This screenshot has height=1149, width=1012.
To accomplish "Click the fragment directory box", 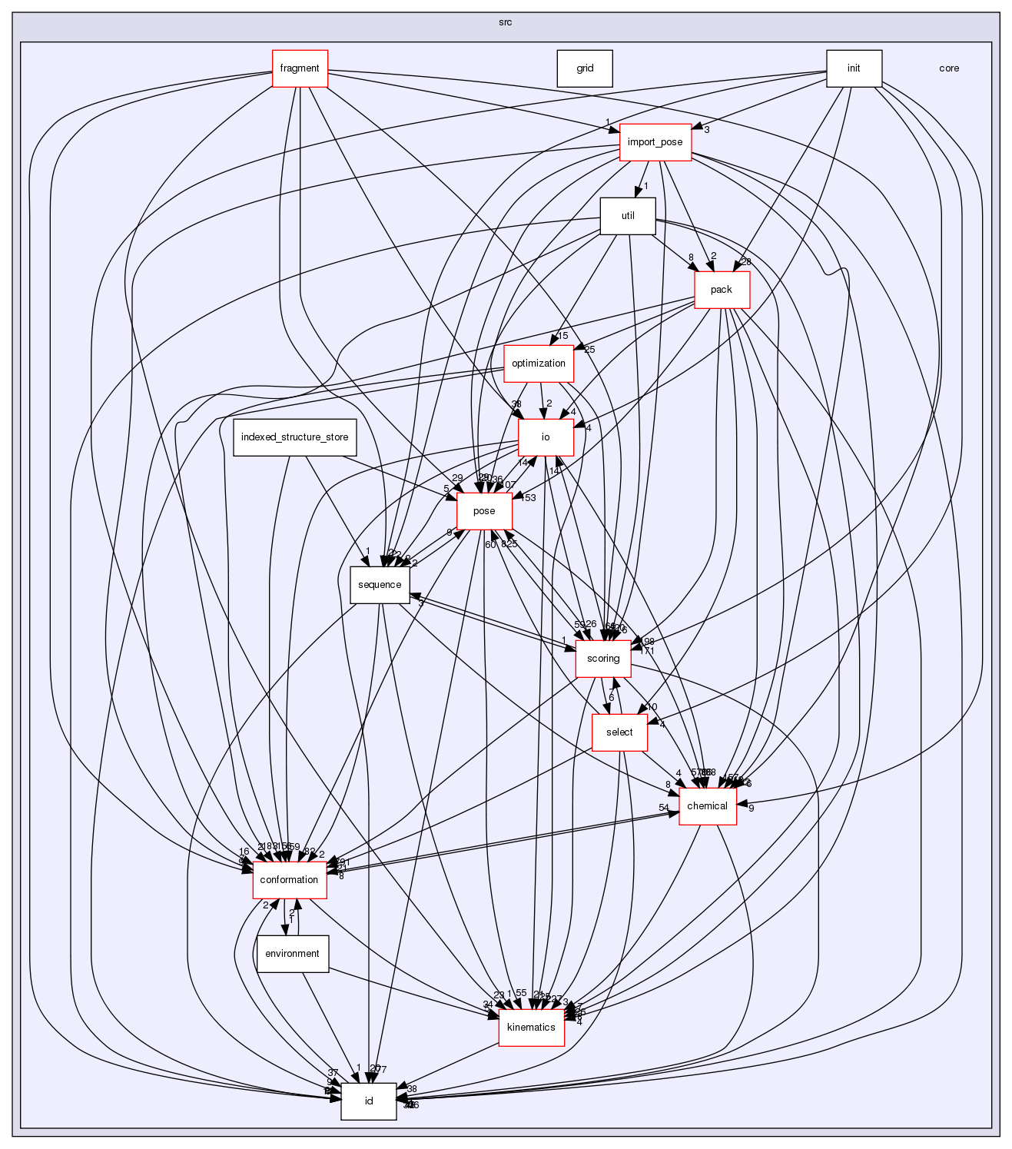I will [300, 68].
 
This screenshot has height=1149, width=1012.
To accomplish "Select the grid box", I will [585, 68].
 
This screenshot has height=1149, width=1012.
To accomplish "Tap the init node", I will [853, 68].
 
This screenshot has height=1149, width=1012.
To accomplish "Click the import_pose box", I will [655, 142].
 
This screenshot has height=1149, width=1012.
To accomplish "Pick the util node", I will [627, 216].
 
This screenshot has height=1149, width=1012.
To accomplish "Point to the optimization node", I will [538, 364].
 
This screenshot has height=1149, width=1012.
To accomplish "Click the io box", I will [546, 437].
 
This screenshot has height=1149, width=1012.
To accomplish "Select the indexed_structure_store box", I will [294, 437].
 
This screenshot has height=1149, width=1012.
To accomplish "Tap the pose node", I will [484, 511].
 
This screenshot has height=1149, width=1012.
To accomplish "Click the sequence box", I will [380, 585].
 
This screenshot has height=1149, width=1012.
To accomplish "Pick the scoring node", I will [603, 659].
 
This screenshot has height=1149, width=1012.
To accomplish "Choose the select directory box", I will [619, 732].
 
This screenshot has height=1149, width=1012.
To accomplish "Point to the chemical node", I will [707, 806].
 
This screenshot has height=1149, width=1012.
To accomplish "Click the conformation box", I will [290, 880].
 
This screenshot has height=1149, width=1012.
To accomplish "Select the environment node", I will [292, 954].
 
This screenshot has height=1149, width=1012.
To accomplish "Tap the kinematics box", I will [531, 1028].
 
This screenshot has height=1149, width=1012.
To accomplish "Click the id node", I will [369, 1101].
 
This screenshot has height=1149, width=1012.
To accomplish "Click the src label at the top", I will [505, 22].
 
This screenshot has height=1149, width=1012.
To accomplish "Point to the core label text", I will [949, 68].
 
